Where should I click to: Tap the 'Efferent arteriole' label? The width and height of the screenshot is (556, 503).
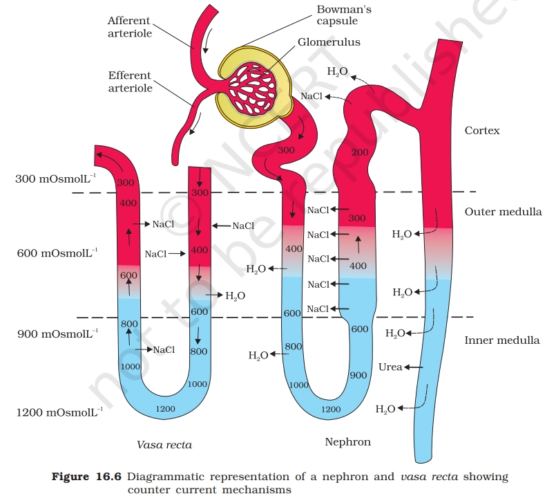[x=129, y=81]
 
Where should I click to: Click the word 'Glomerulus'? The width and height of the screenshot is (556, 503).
[x=329, y=42]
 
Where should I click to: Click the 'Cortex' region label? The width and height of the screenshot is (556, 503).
[x=482, y=130]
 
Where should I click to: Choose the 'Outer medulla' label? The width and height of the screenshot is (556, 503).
[x=503, y=212]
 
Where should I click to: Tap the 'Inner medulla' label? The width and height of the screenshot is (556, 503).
[x=501, y=340]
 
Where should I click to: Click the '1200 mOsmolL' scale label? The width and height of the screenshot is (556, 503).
[x=59, y=413]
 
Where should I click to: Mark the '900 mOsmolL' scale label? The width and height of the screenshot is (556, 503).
[x=56, y=334]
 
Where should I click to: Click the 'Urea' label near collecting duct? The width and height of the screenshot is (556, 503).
[x=390, y=367]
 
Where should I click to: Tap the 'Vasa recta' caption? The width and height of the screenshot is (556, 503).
[x=164, y=445]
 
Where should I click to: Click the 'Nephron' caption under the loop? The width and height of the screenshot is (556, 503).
[x=347, y=441]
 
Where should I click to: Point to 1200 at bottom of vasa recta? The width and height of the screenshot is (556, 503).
[x=165, y=409]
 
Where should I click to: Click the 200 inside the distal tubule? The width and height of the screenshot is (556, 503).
[x=360, y=152]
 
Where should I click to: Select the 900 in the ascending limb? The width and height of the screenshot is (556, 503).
[x=357, y=376]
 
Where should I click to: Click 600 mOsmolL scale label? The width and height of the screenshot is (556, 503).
[x=56, y=254]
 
